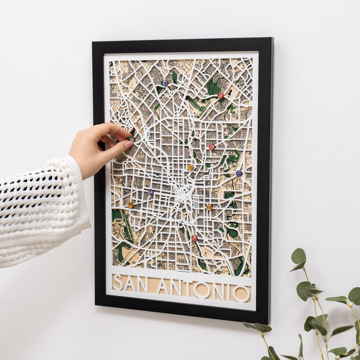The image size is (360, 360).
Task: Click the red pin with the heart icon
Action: (x=211, y=147)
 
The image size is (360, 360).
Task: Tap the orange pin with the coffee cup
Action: (x=190, y=167)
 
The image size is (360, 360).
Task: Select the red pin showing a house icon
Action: (x=220, y=95)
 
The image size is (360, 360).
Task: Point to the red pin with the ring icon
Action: (x=194, y=238)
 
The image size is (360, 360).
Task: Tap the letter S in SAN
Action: (x=118, y=282)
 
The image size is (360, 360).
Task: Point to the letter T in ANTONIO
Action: (x=186, y=289)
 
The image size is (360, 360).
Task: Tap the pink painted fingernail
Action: (x=128, y=145)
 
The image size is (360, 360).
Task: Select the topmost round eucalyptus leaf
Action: (x=298, y=256)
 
